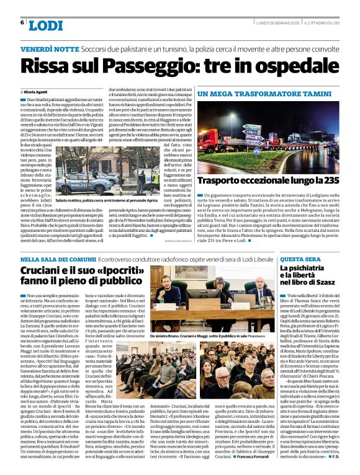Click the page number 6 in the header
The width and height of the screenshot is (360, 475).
[x=22, y=22]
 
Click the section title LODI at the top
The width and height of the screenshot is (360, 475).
[x=45, y=25]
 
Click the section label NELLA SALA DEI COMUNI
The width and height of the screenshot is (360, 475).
[x=58, y=259]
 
